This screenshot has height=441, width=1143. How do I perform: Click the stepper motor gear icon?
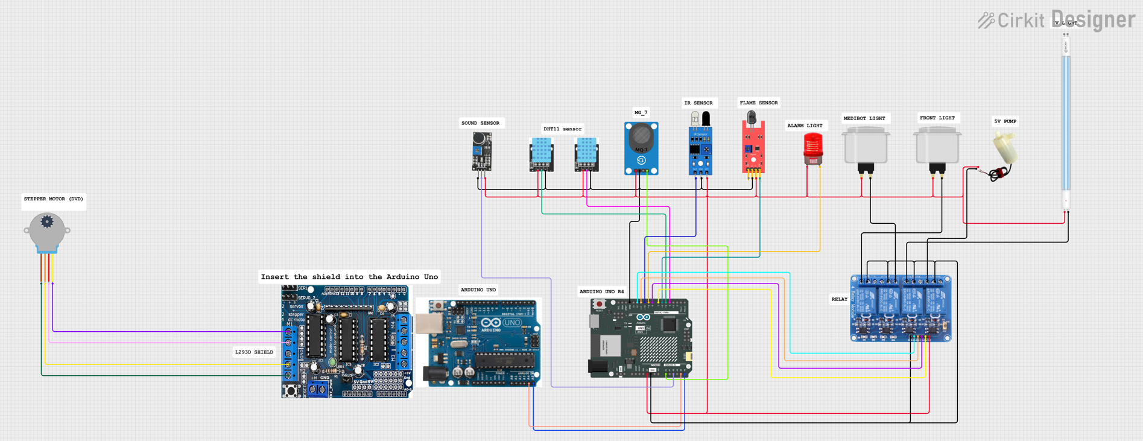47,222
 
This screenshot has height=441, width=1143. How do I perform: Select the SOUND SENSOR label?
480,123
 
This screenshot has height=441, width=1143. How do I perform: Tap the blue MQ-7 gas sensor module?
641,148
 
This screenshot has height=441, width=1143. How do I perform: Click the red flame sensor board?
753,148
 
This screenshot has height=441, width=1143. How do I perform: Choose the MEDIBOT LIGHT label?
864,118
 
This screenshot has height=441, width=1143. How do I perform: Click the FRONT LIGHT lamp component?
937,148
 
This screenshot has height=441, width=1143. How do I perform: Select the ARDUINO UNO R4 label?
601,291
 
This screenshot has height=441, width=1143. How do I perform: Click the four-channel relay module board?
901,308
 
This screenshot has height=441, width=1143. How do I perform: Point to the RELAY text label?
839,299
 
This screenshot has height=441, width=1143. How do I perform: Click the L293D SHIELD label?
254,352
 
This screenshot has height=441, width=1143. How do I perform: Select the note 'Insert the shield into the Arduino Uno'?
349,277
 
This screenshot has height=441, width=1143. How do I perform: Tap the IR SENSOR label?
698,103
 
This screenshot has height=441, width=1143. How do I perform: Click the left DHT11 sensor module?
541,154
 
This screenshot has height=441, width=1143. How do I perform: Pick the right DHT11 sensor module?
586,154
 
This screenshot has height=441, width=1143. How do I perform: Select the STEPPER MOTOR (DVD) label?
53,199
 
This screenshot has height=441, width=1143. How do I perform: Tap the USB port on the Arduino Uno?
428,325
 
